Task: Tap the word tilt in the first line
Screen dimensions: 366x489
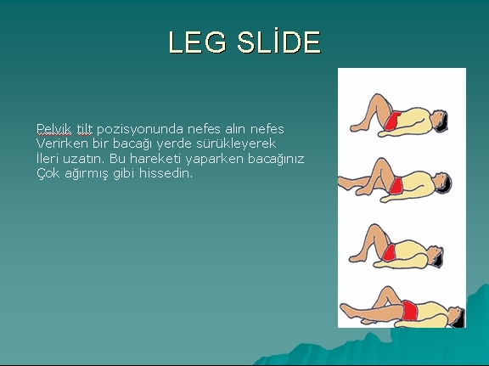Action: click(84, 129)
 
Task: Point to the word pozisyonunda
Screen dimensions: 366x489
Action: click(138, 129)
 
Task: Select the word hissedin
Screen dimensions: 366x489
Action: click(166, 174)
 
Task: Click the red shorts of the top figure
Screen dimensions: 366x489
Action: click(391, 124)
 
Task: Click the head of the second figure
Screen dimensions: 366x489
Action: click(443, 181)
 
